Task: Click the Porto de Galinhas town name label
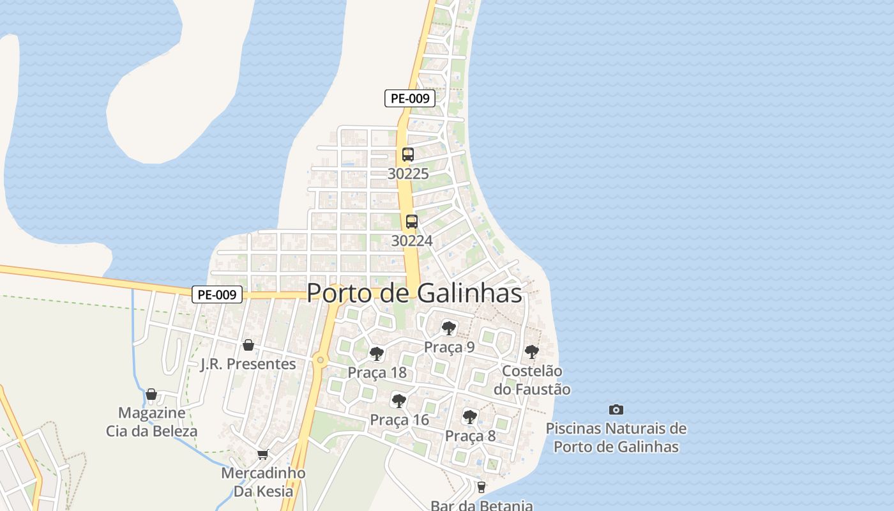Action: coord(414,293)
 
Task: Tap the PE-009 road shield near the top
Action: coord(409,98)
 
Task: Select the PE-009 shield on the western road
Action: coord(217,295)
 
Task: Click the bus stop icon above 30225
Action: coord(408,155)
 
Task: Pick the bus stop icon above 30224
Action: coord(412,222)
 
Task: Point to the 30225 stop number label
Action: coord(408,174)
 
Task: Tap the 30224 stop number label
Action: coord(412,241)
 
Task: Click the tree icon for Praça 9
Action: coord(449,328)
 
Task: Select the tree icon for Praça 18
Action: coord(377,353)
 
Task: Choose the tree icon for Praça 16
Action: coord(399,401)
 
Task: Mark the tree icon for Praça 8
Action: coord(470,417)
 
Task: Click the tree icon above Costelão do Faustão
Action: coord(531,351)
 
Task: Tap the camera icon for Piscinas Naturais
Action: coord(616,409)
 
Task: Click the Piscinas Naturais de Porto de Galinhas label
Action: coord(616,438)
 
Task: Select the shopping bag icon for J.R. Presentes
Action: coord(248,345)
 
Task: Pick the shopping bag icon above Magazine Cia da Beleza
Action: coord(151,394)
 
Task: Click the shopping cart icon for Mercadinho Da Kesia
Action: coord(262,455)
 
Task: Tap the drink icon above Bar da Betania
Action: coord(481,487)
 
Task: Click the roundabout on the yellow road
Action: coord(321,361)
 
